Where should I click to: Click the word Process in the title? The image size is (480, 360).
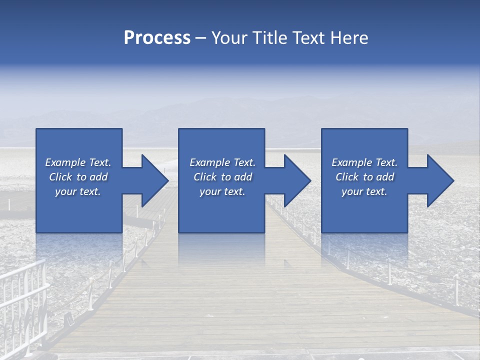[157, 38]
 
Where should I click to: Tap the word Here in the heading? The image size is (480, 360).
[349, 38]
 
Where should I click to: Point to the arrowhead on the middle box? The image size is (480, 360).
[297, 180]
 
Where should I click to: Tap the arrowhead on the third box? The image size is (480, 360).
[440, 180]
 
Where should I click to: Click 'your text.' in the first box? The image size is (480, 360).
[78, 192]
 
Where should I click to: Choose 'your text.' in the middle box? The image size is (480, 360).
[222, 192]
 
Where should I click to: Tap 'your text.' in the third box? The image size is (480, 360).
[364, 192]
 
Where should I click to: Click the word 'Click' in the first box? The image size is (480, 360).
[60, 177]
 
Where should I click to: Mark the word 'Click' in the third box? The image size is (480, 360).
[347, 177]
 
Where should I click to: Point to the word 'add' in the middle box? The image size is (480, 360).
[243, 177]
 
